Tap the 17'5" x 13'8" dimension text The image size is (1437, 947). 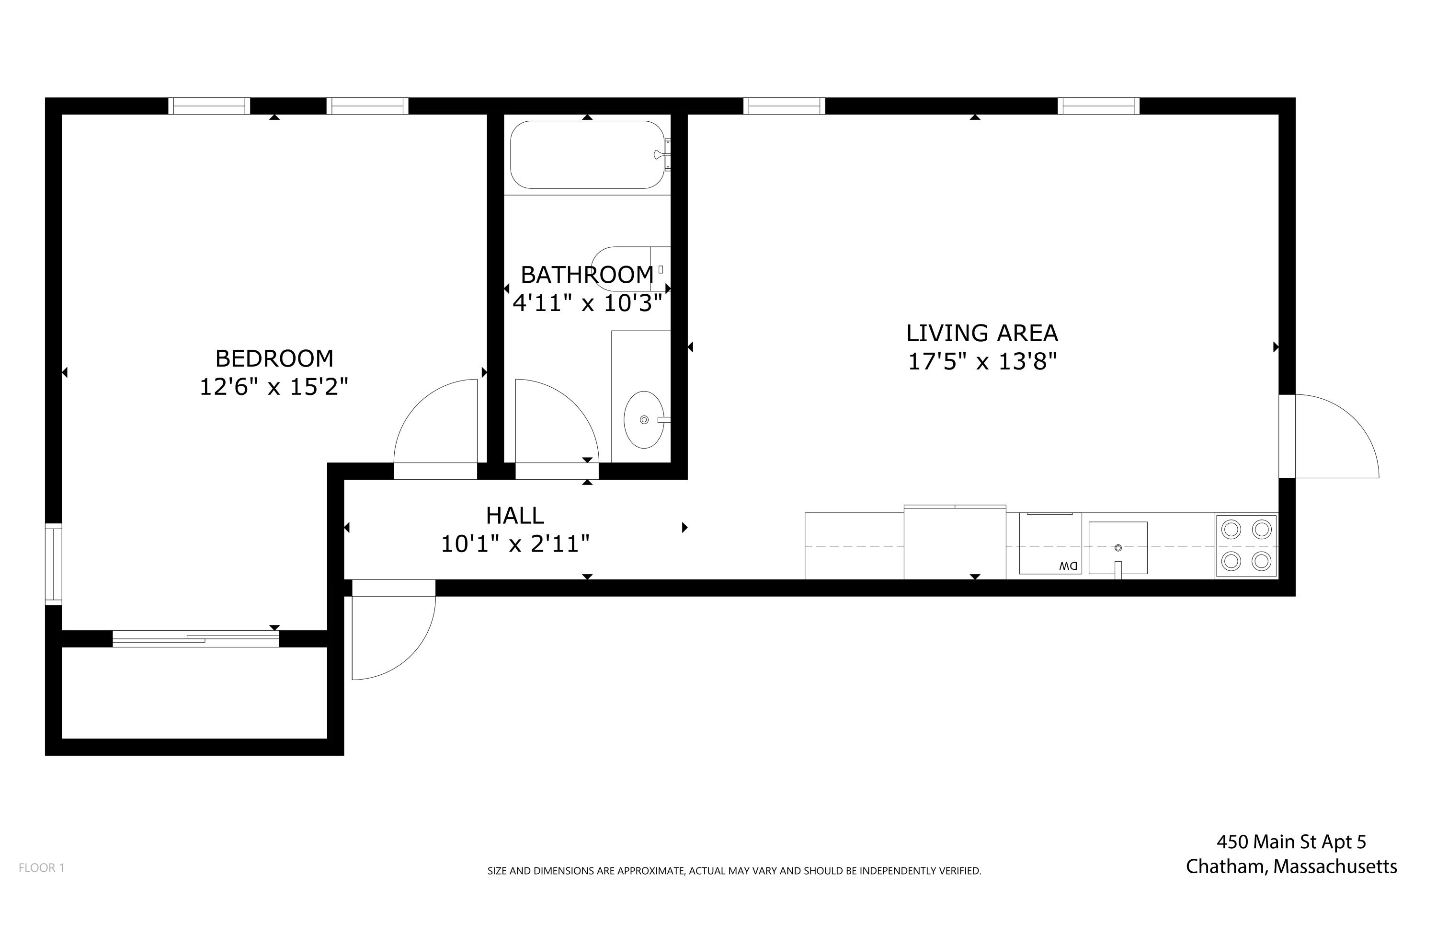click(982, 362)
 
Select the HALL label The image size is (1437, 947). click(515, 516)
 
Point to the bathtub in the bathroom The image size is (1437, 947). click(586, 155)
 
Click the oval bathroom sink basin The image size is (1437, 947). click(644, 420)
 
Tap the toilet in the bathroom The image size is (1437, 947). click(628, 269)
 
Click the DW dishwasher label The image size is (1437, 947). click(1068, 566)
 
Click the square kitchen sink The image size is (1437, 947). click(1118, 548)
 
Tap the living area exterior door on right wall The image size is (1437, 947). click(1328, 436)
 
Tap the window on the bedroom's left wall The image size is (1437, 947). click(54, 564)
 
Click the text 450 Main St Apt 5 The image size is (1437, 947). click(1291, 842)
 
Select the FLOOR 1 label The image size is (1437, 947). click(42, 868)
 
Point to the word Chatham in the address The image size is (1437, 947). click(1226, 866)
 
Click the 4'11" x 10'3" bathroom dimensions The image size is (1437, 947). click(587, 303)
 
